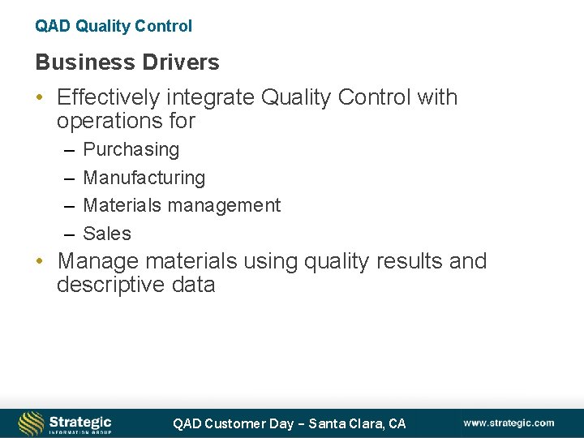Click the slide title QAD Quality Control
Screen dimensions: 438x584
pyautogui.click(x=114, y=26)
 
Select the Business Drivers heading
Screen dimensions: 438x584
pyautogui.click(x=127, y=62)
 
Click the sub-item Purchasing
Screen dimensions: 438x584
pyautogui.click(x=131, y=150)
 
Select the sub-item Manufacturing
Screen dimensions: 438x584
pyautogui.click(x=144, y=178)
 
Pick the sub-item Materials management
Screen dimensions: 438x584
pyautogui.click(x=182, y=206)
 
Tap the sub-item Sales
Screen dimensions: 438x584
pyautogui.click(x=107, y=234)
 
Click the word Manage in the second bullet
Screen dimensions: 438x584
pyautogui.click(x=94, y=262)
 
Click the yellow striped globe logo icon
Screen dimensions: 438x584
pyautogui.click(x=31, y=423)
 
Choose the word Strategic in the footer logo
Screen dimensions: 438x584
pyautogui.click(x=79, y=420)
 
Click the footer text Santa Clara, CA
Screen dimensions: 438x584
pyautogui.click(x=358, y=423)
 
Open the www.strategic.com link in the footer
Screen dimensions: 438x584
pyautogui.click(x=509, y=423)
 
